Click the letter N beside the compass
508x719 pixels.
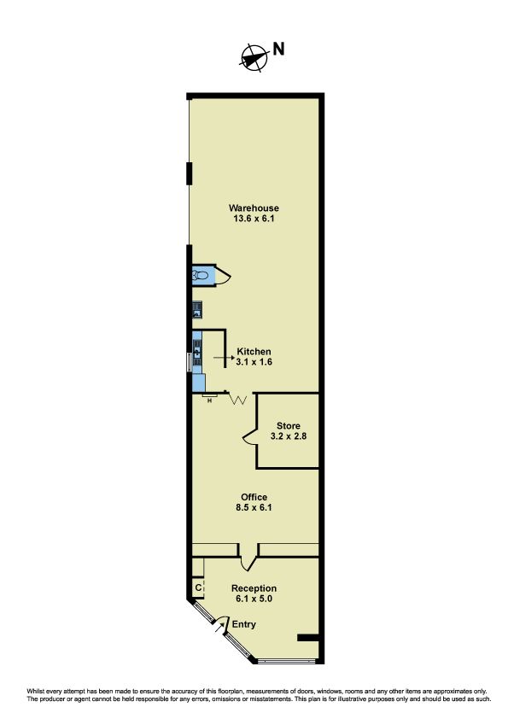[x=278, y=49]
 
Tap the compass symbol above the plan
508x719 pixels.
[x=254, y=58]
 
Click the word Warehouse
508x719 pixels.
[x=254, y=208]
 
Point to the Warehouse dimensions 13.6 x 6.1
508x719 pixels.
[x=254, y=219]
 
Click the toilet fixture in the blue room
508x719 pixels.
[x=201, y=276]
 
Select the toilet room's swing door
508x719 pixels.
[x=223, y=276]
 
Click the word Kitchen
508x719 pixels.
[x=254, y=352]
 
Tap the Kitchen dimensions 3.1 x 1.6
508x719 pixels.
[x=254, y=362]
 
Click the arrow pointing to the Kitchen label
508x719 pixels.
[x=224, y=358]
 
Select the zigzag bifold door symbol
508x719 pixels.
[x=238, y=399]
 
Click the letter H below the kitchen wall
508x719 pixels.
[x=210, y=401]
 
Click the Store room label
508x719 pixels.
[x=289, y=426]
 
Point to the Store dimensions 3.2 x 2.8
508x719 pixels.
[x=289, y=436]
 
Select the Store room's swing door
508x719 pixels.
[x=250, y=436]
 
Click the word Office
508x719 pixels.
[x=254, y=497]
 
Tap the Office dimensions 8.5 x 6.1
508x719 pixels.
[x=254, y=507]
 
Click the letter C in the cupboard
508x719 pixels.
[x=198, y=587]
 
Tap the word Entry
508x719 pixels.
[x=244, y=624]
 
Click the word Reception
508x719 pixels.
[x=254, y=588]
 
